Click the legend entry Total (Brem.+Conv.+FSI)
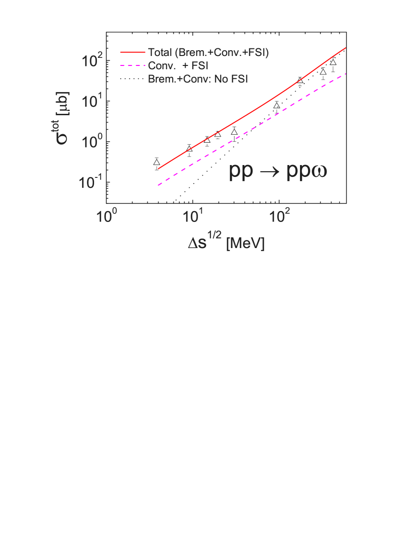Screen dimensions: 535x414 click(x=208, y=53)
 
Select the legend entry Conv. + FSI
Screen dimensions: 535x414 click(x=178, y=65)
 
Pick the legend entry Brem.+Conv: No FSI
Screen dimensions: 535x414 click(x=198, y=78)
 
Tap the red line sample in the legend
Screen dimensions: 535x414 click(x=133, y=53)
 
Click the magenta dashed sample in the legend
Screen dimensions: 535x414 click(x=133, y=65)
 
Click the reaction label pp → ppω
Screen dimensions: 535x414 click(x=278, y=171)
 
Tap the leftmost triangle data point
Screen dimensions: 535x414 click(x=157, y=162)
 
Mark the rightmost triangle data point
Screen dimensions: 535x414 click(x=333, y=63)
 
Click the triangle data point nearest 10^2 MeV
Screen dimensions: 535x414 click(x=277, y=106)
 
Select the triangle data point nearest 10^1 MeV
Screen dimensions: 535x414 click(x=189, y=149)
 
